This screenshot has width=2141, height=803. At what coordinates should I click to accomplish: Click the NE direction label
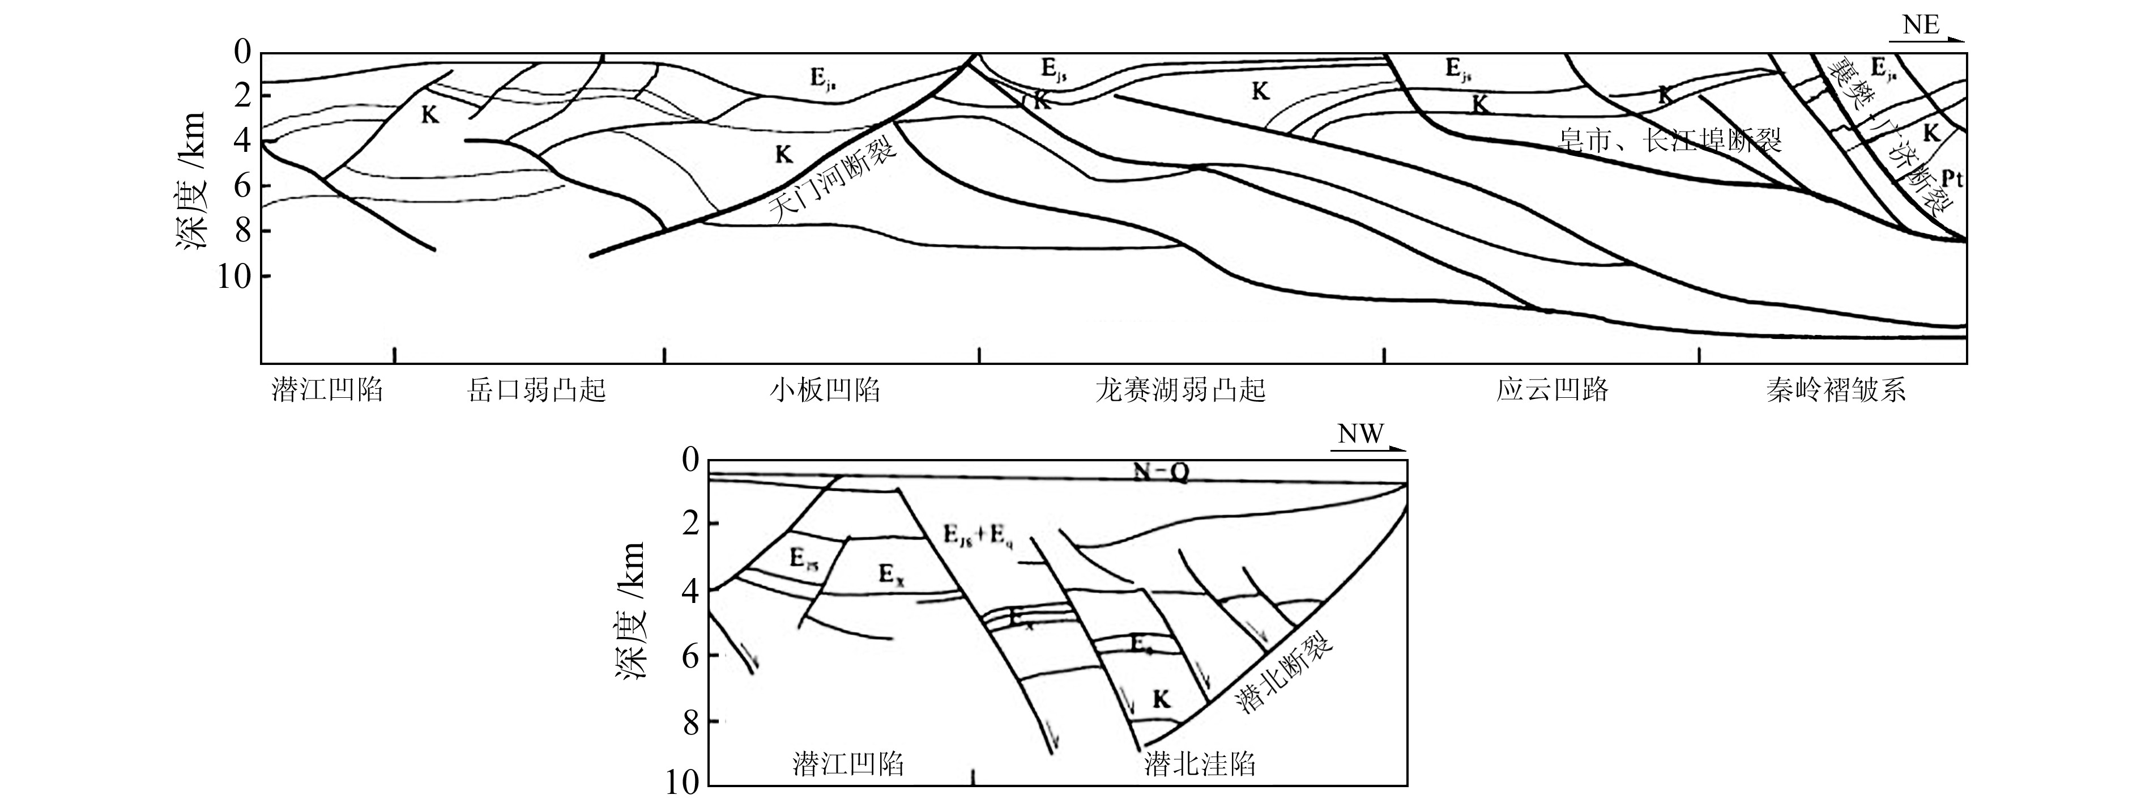[x=1921, y=25]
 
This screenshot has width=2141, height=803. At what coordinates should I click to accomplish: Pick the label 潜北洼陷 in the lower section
[x=1199, y=764]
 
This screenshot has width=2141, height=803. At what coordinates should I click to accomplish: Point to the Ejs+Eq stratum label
[x=978, y=536]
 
